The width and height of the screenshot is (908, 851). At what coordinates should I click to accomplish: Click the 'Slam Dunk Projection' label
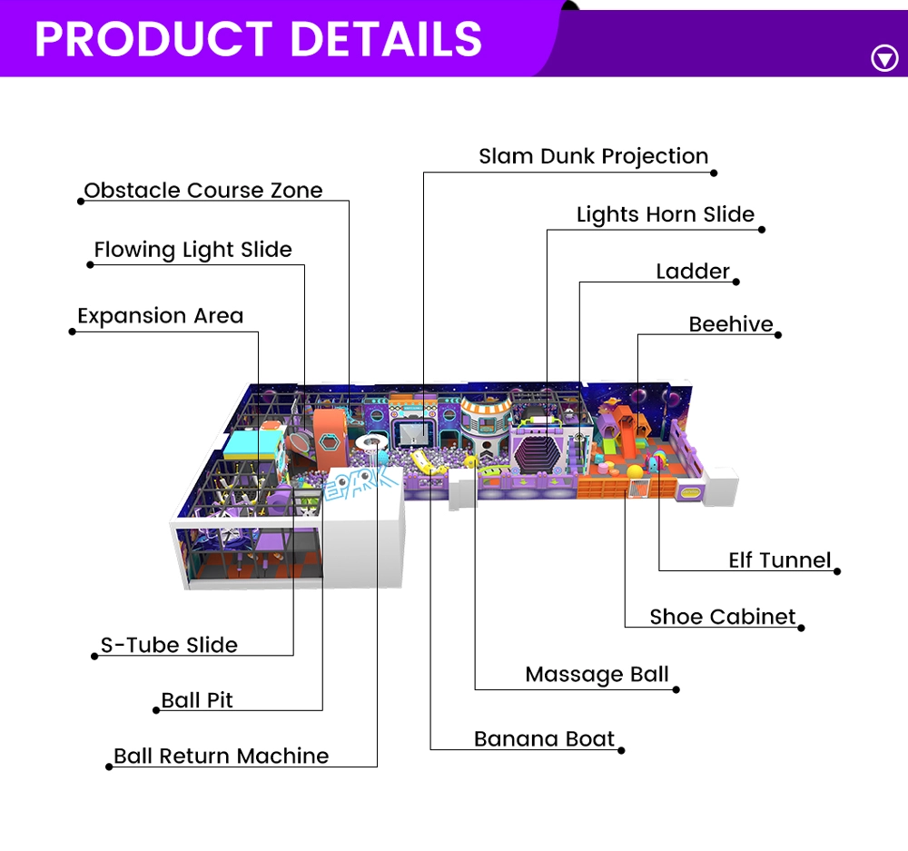point(594,156)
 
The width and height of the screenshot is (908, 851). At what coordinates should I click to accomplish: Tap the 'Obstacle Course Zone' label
point(203,191)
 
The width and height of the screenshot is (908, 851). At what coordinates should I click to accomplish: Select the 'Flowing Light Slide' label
point(192,250)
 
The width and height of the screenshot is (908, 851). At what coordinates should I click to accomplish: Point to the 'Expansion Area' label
point(161,316)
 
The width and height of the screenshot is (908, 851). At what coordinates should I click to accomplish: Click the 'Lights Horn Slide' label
point(666,214)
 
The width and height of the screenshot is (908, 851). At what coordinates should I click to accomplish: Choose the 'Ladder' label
point(693,272)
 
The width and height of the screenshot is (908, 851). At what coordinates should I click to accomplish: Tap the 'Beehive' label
point(731,324)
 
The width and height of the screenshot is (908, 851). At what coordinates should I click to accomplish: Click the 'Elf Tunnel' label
point(779,560)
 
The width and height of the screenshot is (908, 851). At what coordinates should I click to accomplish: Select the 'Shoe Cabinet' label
point(723,617)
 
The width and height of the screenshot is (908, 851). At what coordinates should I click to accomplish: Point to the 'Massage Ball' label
point(597,675)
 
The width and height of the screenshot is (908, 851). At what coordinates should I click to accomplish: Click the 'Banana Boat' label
point(544,739)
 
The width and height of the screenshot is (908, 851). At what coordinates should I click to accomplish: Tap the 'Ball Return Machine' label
point(222,756)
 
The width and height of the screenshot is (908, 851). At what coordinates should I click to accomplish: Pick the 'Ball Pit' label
point(197,700)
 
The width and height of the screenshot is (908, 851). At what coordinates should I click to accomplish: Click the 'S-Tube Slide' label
point(169,646)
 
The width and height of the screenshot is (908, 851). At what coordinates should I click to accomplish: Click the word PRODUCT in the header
point(153,39)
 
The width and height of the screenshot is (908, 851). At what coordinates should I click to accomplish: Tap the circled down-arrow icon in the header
point(884,58)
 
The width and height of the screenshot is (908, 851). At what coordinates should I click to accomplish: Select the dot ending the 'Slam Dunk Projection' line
point(714,173)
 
